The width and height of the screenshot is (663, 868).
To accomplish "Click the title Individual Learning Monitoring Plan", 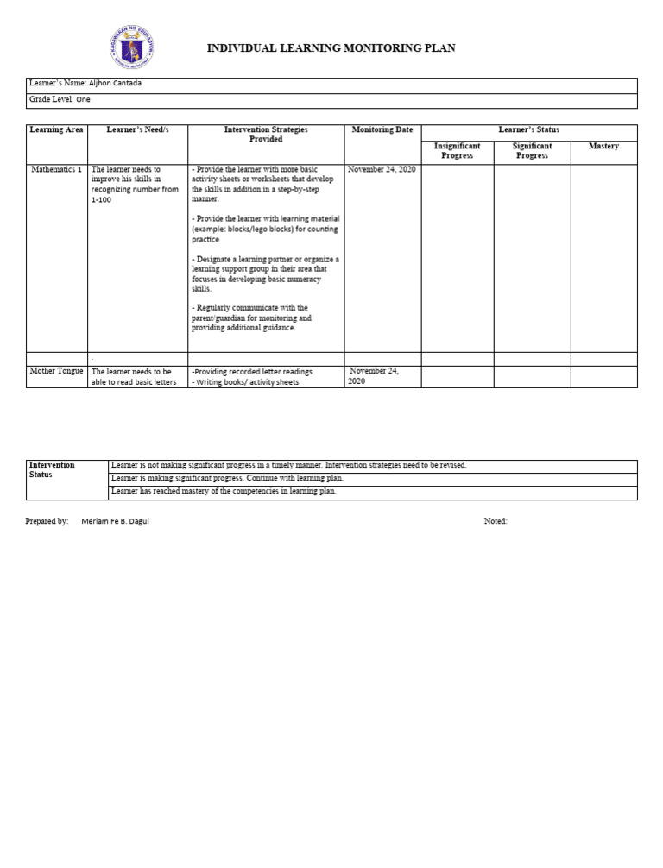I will coord(331,48).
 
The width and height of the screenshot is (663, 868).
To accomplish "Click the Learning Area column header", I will coord(56,130).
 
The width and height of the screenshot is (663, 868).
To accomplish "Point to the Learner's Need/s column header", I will coord(137,130).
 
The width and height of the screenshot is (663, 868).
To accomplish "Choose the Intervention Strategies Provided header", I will coord(266,135).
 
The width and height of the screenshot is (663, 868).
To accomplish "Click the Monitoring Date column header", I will coord(382,130).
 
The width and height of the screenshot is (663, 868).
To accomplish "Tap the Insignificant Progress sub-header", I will coord(457,151).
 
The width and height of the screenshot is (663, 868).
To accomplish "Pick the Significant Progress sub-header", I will coord(532,151).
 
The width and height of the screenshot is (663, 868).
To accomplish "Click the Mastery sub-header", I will coord(603,147).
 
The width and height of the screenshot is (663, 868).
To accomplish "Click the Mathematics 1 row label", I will coord(56,170).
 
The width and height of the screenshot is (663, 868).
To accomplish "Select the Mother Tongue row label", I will coord(56,371).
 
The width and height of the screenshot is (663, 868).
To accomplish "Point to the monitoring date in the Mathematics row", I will coord(382,170).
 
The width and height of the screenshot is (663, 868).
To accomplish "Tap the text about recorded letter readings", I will coord(252,372).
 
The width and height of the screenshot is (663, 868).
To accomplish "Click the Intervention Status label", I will coord(52,470).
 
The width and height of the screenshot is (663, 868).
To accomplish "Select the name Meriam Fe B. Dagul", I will coord(115,521).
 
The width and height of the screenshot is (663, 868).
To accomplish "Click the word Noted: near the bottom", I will coord(496,521).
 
